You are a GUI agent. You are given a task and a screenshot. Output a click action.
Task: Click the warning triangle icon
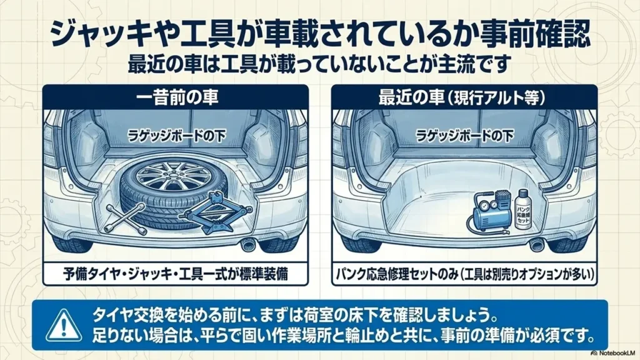point(63,325)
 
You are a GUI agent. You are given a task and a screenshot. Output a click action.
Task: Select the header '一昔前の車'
point(176,98)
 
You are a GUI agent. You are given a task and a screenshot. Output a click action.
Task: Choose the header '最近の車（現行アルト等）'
point(463,98)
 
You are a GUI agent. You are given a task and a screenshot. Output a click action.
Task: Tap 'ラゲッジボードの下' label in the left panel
point(176,136)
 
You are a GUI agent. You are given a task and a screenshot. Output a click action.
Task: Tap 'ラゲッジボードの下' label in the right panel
point(464,136)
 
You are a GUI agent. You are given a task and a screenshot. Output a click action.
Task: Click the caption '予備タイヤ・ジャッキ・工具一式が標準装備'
point(176,274)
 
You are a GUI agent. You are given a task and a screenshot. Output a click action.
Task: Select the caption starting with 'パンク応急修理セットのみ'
point(464,274)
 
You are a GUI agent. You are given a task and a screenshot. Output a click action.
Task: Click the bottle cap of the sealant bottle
point(522,192)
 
